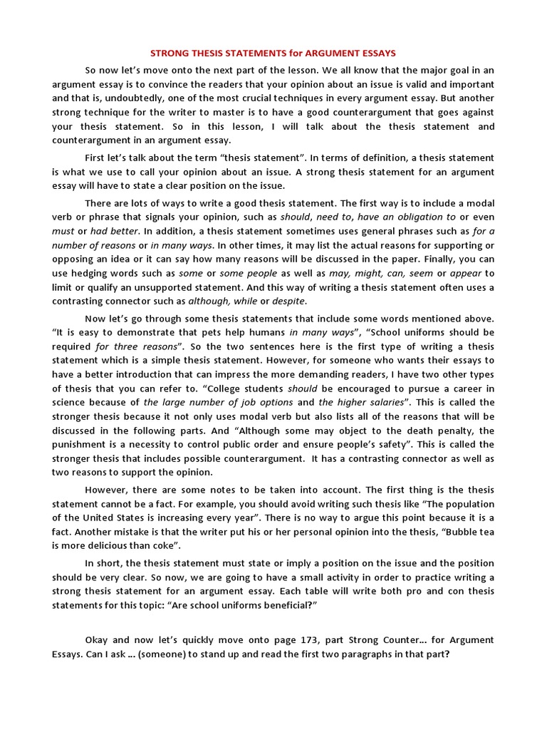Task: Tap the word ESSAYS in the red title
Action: click(x=375, y=53)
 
